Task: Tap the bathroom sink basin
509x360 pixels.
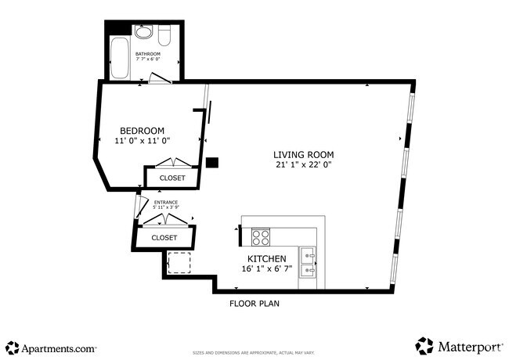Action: pyautogui.click(x=144, y=33)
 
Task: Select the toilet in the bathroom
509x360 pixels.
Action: pyautogui.click(x=164, y=35)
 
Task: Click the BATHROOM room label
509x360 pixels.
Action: pyautogui.click(x=147, y=54)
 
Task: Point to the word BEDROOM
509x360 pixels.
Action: pyautogui.click(x=142, y=130)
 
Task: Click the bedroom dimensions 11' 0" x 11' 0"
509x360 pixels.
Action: pyautogui.click(x=142, y=140)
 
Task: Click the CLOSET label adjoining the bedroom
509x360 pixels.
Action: pyautogui.click(x=172, y=178)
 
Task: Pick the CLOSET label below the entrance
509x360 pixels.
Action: pyautogui.click(x=164, y=237)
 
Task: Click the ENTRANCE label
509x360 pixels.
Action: pyautogui.click(x=166, y=203)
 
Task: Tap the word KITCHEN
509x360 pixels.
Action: pyautogui.click(x=267, y=258)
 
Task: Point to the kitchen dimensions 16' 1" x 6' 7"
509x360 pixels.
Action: pyautogui.click(x=267, y=269)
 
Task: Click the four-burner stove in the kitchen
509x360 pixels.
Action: pyautogui.click(x=260, y=236)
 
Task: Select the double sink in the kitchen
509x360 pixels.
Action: pyautogui.click(x=309, y=261)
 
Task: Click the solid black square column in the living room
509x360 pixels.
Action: pyautogui.click(x=211, y=164)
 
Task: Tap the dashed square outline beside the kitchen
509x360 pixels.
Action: pyautogui.click(x=179, y=262)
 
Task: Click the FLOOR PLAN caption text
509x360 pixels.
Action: pyautogui.click(x=254, y=303)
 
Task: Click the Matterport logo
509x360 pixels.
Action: pyautogui.click(x=459, y=346)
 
